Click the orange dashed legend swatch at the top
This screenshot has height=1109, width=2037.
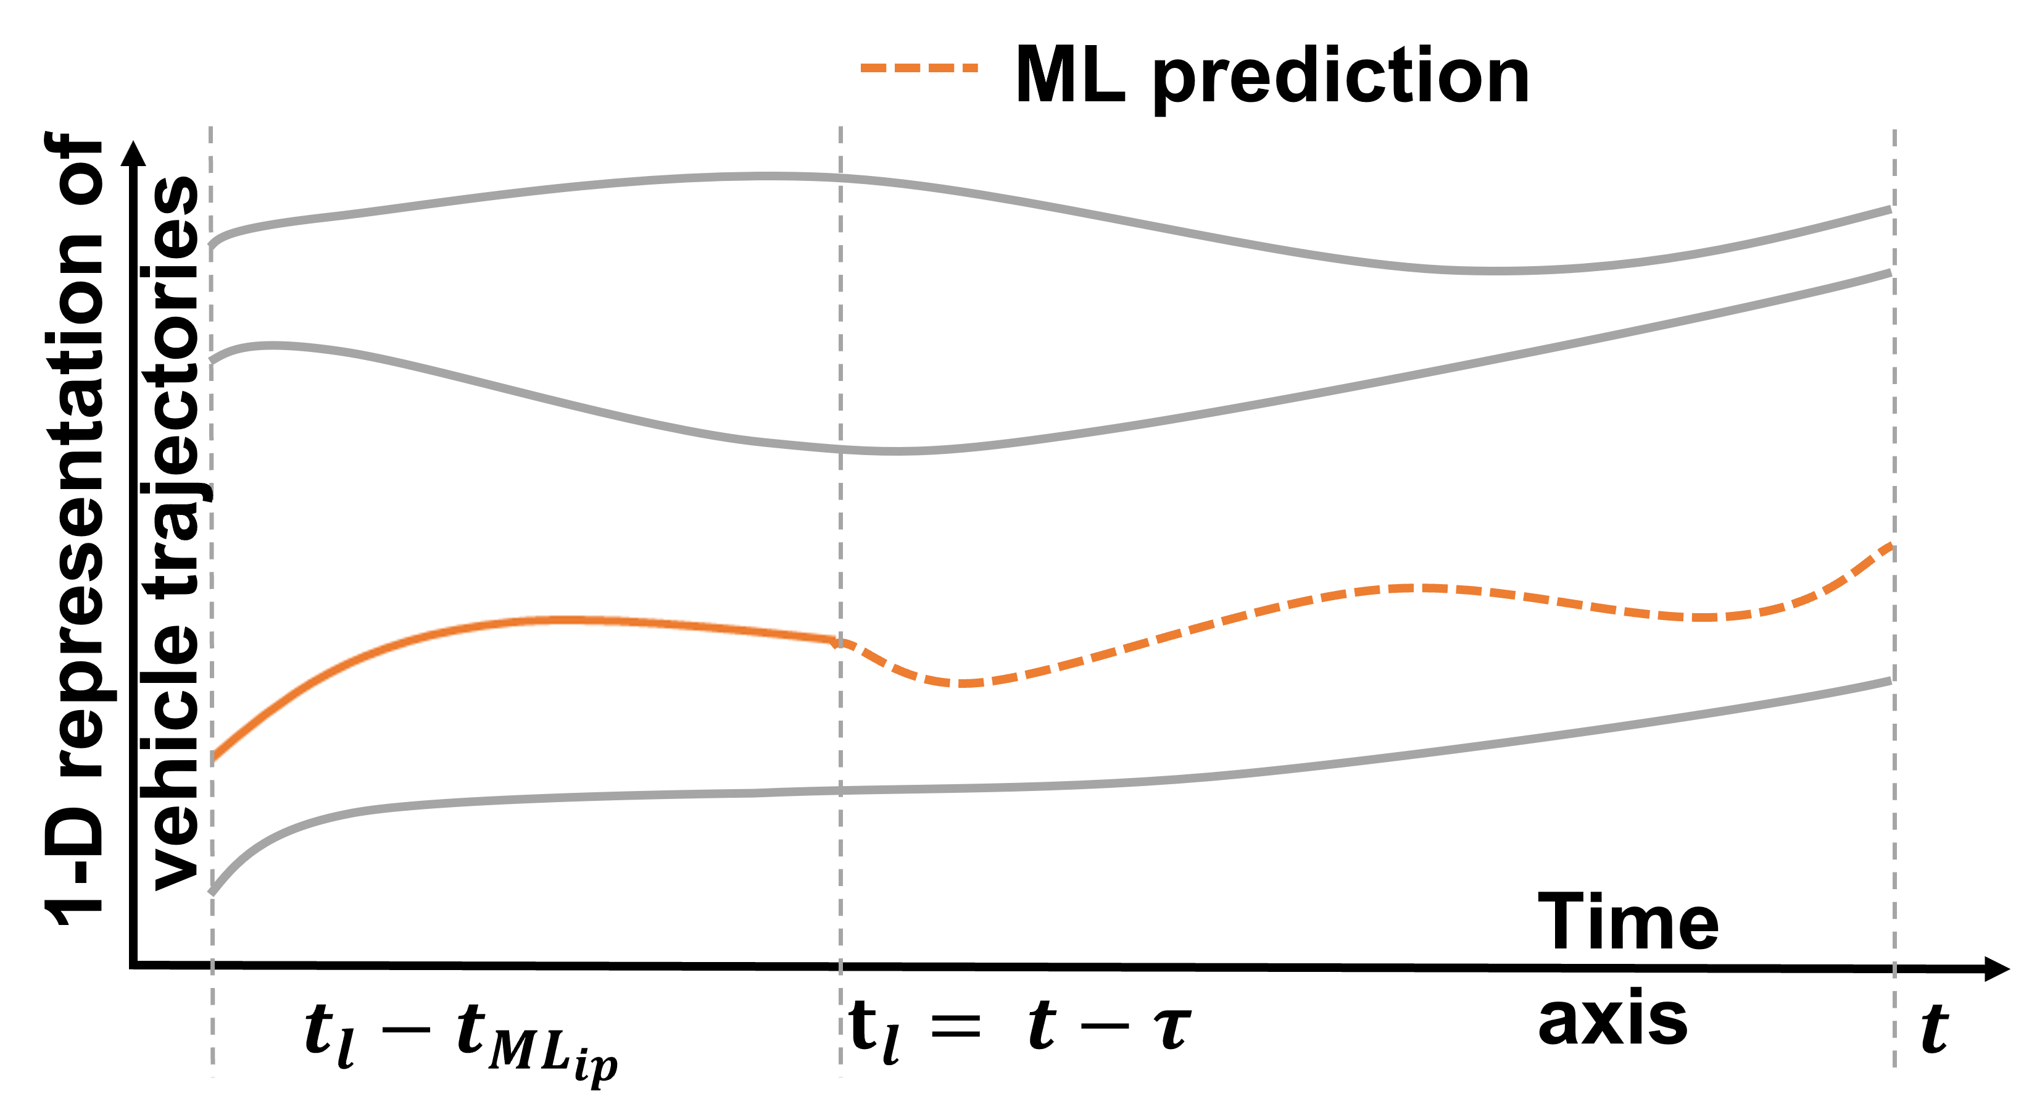(x=919, y=68)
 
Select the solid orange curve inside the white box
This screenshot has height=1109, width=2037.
(x=554, y=620)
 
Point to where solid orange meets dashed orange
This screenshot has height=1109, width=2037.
(x=838, y=642)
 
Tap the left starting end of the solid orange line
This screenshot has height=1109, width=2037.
(x=214, y=760)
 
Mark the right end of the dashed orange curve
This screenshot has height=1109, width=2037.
(x=1891, y=546)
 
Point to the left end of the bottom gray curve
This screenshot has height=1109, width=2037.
(x=212, y=892)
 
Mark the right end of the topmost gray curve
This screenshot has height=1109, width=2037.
(x=1891, y=209)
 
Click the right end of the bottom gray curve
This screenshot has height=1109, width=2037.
(x=1891, y=680)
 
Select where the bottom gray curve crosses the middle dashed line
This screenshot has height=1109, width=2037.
(x=840, y=790)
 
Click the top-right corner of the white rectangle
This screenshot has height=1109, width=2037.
(x=838, y=558)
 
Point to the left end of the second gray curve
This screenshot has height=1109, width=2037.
(x=212, y=361)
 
